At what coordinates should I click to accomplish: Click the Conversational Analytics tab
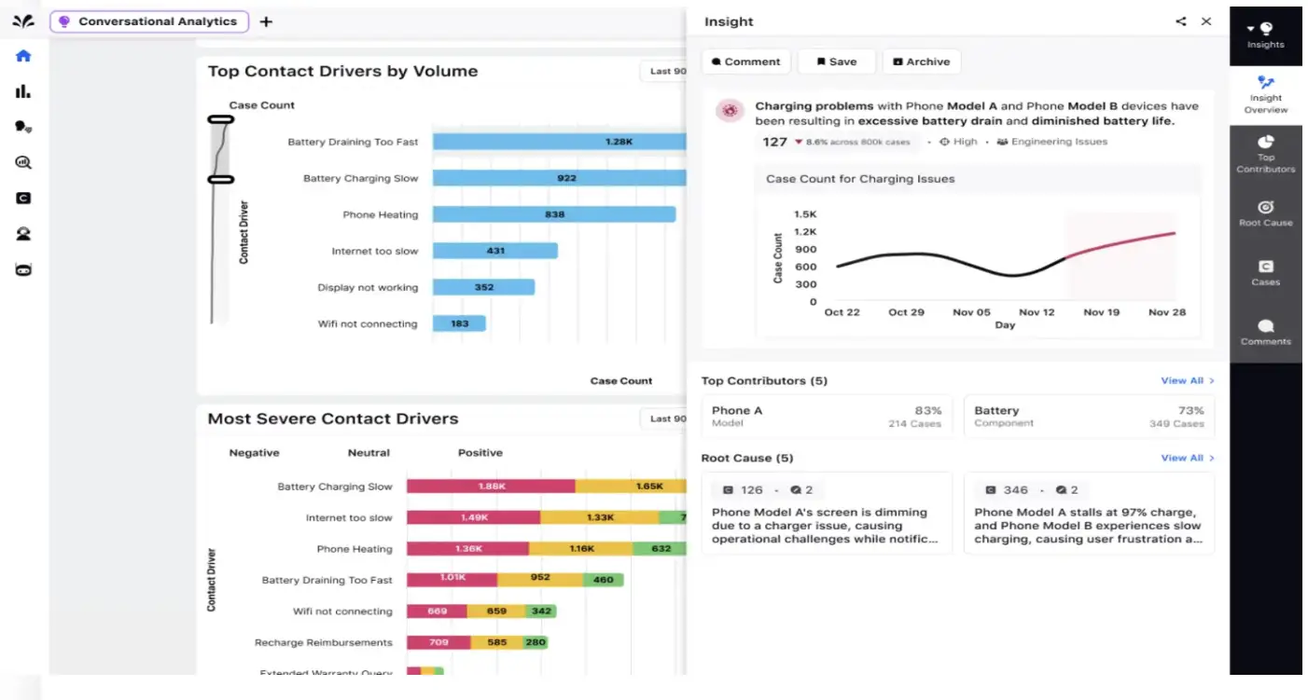pos(149,21)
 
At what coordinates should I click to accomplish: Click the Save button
pos(836,62)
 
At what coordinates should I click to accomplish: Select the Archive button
pos(921,62)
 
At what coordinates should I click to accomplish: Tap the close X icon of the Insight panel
pos(1206,21)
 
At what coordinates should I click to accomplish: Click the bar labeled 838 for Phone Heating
pos(554,214)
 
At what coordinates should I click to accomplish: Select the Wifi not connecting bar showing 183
pos(459,323)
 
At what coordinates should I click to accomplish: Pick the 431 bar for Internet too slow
pos(495,251)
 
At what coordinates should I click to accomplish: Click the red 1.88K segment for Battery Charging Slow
pos(491,487)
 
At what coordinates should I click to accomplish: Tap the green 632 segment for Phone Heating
pos(661,549)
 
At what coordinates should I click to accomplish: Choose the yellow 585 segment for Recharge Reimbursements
pos(496,642)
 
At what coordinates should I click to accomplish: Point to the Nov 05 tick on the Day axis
pos(971,312)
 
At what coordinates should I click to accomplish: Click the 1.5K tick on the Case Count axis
pos(806,214)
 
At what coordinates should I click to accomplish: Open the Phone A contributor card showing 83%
pos(827,417)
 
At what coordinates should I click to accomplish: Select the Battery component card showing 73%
pos(1089,417)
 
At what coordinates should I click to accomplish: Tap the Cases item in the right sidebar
pos(1265,272)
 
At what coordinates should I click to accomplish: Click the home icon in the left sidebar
pos(23,56)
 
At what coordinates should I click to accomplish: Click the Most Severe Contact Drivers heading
pos(333,419)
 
